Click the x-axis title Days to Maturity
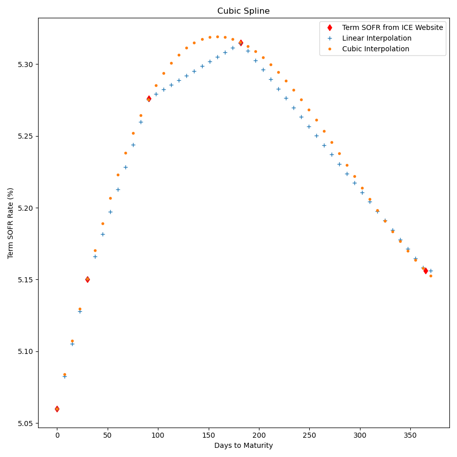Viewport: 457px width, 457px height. pos(243,445)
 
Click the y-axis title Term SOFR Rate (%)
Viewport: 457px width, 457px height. pos(11,223)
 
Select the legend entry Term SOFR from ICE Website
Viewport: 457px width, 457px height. pos(393,27)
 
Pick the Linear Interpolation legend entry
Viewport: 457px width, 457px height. pos(377,38)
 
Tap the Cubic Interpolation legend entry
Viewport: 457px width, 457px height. pos(375,49)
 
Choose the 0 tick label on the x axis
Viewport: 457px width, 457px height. pos(57,435)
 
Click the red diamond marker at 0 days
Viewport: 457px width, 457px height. pos(57,409)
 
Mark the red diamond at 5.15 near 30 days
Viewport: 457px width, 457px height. pos(87,279)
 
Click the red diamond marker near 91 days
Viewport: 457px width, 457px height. pos(149,99)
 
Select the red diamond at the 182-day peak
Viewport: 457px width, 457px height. pos(241,43)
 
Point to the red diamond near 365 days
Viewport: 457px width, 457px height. pos(426,271)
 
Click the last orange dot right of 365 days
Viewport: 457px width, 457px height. pos(431,276)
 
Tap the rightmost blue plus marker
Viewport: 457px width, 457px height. pos(431,271)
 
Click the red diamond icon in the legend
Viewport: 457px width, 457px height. pos(330,27)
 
